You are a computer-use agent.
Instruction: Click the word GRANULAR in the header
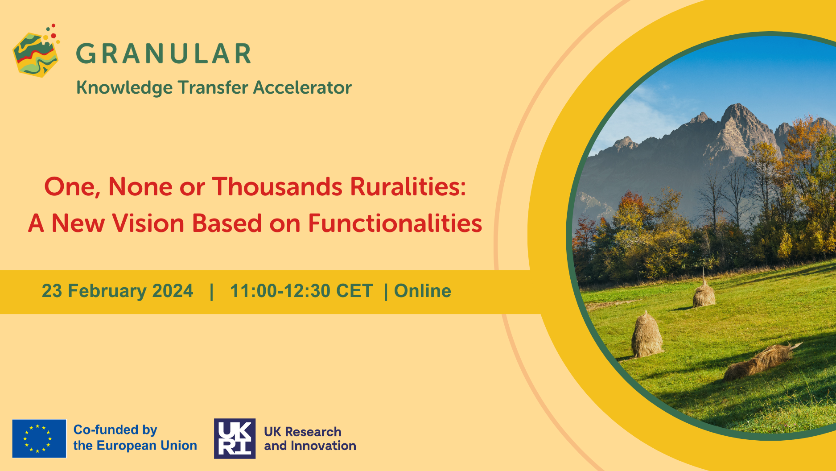click(x=164, y=54)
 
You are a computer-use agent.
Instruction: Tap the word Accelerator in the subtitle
click(x=302, y=87)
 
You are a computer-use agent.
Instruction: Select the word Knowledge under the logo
click(x=124, y=88)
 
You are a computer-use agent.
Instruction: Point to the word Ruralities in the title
click(x=408, y=186)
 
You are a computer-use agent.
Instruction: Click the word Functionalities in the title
click(x=395, y=223)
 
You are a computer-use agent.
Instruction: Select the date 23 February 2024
click(x=117, y=291)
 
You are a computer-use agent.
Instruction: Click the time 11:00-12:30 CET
click(x=301, y=291)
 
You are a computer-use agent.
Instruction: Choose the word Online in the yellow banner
click(x=423, y=291)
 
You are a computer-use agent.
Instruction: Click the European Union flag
click(x=39, y=438)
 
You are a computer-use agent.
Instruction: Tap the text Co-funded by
click(x=115, y=430)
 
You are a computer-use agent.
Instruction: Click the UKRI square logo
click(x=235, y=438)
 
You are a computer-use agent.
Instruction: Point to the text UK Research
click(x=303, y=432)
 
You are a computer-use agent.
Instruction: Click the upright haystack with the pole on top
click(x=704, y=292)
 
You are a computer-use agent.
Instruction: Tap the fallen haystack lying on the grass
click(x=760, y=360)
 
